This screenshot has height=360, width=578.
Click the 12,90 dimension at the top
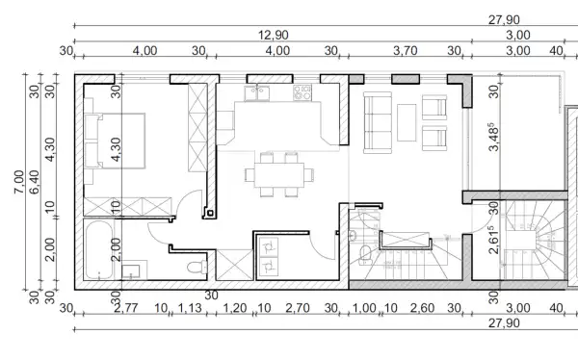click(x=274, y=35)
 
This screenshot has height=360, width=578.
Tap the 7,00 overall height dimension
click(x=19, y=182)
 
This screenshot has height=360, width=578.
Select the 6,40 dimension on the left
click(x=34, y=182)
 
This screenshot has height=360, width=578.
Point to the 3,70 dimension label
click(x=406, y=50)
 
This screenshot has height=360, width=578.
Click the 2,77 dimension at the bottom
click(x=126, y=308)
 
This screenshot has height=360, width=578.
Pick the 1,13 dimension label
click(x=190, y=308)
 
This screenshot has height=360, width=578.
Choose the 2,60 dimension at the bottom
click(x=423, y=308)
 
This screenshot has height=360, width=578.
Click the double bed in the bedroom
click(x=115, y=141)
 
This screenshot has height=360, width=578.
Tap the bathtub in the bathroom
click(x=98, y=249)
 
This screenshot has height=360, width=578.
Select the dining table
click(x=279, y=174)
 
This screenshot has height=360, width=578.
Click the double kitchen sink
click(x=257, y=92)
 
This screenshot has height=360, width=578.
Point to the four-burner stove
click(x=302, y=92)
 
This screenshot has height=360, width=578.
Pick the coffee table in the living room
click(x=407, y=122)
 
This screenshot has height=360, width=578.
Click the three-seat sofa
click(x=378, y=122)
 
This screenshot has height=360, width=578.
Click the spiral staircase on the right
click(x=536, y=240)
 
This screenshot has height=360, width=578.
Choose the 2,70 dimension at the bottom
click(x=298, y=308)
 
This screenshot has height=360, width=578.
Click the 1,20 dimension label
click(x=235, y=308)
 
